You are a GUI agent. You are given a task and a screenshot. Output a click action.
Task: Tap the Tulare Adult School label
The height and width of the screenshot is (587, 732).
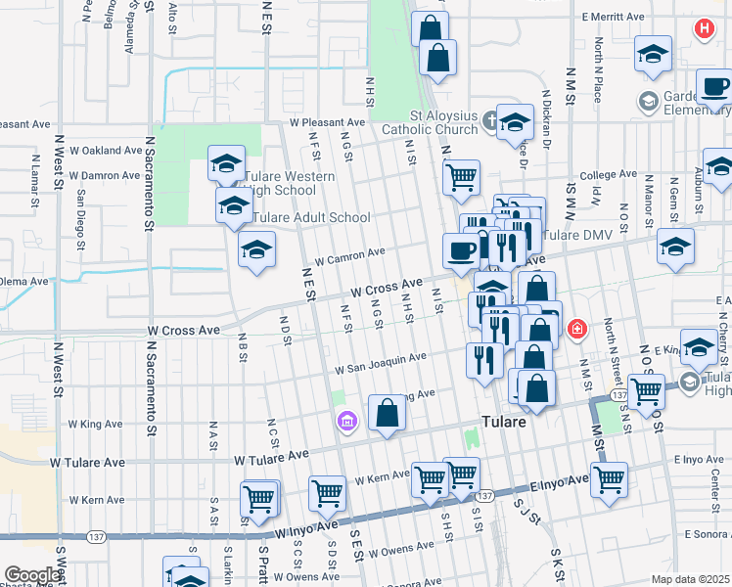(x=311, y=217)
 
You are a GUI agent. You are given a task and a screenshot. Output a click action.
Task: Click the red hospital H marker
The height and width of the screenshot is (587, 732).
(x=704, y=29)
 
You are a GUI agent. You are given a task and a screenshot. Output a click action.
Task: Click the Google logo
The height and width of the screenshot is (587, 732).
(x=31, y=574)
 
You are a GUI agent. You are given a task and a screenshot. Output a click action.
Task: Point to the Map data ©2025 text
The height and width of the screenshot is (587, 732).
(x=691, y=579)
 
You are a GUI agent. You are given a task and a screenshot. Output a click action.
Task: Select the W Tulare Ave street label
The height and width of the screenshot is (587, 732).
(x=271, y=458)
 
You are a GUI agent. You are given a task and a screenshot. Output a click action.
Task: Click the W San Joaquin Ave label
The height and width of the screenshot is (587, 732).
(x=380, y=364)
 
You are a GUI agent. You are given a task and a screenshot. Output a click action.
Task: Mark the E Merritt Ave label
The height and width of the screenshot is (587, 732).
(x=612, y=17)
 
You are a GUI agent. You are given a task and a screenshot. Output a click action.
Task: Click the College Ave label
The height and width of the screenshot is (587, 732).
(x=608, y=175)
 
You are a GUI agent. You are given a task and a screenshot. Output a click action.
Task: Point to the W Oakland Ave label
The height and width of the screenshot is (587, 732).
(x=107, y=151)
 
